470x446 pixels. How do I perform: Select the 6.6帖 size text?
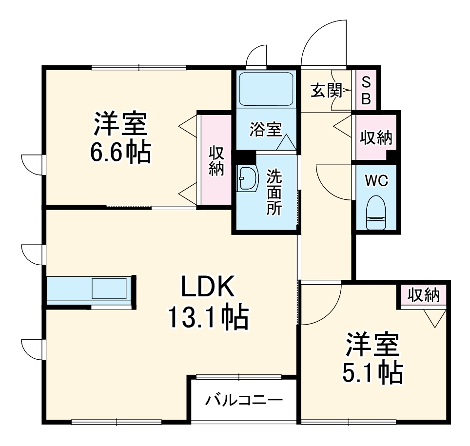[x=120, y=153]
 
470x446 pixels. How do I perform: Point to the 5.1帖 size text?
[x=374, y=373]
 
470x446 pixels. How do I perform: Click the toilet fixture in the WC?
[x=376, y=213]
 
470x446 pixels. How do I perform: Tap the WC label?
[x=376, y=181]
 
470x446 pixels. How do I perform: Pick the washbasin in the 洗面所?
[x=247, y=179]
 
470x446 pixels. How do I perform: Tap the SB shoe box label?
[x=366, y=91]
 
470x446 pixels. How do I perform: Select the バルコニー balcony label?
[x=244, y=401]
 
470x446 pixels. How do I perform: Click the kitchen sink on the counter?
[x=110, y=289]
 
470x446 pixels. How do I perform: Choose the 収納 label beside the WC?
[x=376, y=138]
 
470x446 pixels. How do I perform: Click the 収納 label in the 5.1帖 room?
[x=424, y=295]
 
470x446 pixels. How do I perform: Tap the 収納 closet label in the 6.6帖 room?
[x=216, y=161]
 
